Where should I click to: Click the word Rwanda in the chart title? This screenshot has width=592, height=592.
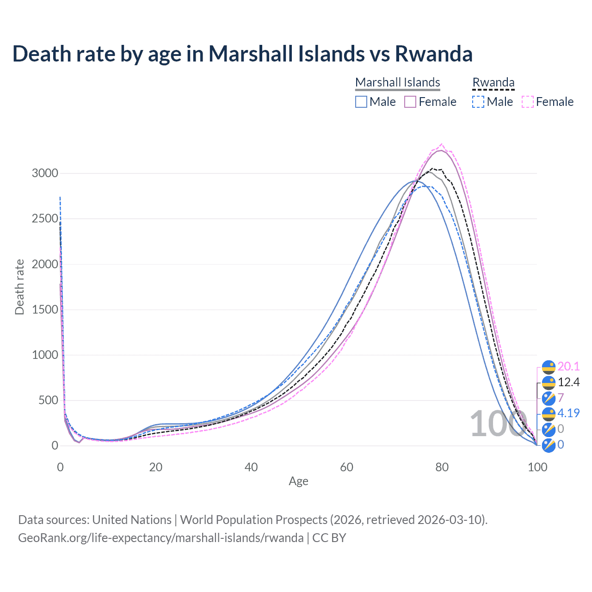point(433,54)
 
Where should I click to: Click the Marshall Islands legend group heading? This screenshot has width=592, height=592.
point(397,82)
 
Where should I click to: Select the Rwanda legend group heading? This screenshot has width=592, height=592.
point(493,82)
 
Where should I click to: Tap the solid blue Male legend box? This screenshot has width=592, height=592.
point(361,102)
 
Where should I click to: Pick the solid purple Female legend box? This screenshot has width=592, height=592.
point(410,102)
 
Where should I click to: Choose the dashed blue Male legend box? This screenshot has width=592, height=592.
point(478,102)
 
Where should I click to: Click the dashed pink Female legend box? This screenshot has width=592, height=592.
point(528,102)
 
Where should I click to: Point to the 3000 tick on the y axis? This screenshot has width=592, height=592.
point(45,173)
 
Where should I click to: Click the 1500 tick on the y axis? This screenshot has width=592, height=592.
point(45,309)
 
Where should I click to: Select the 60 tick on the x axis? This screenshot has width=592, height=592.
point(346,467)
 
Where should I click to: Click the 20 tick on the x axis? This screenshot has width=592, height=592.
point(155,467)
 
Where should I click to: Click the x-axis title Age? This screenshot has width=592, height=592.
point(298,481)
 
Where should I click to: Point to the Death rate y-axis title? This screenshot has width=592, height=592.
point(19,287)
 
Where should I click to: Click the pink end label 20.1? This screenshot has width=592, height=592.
point(568,367)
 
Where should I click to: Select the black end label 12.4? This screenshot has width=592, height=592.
point(568,382)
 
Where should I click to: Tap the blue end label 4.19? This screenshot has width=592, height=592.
point(568,413)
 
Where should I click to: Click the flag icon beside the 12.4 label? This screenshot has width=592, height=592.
point(549,382)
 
